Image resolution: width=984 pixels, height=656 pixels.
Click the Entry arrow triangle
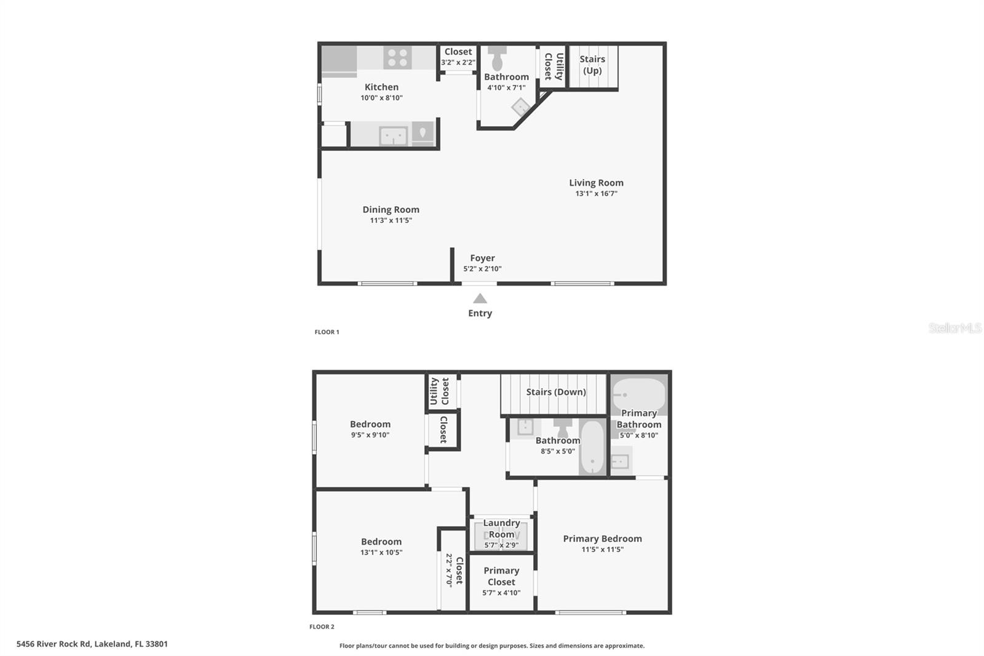(480, 298)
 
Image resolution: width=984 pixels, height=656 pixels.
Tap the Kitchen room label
(381, 87)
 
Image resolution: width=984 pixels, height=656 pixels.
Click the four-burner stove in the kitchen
(397, 58)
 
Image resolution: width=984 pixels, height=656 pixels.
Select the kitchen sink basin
(393, 135)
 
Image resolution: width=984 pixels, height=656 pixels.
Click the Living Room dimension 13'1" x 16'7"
(596, 194)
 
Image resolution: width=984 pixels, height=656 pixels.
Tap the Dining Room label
(391, 210)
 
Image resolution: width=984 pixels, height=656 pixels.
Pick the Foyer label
(482, 258)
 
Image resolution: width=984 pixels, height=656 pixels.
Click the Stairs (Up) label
(592, 65)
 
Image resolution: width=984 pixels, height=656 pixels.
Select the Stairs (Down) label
(556, 392)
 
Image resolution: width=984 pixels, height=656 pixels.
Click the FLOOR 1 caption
(327, 332)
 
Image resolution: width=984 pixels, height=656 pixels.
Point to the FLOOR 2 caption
(322, 627)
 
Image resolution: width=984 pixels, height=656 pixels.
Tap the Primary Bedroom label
(602, 539)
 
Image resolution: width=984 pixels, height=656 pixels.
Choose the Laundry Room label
(501, 529)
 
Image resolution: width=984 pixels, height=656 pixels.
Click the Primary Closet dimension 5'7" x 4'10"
(501, 593)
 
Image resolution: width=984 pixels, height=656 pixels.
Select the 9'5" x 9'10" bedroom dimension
(370, 435)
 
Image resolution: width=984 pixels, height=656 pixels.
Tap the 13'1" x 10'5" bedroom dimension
(381, 553)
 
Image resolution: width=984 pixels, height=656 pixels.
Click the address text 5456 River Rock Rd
(92, 644)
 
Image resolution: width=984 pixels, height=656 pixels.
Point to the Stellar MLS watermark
(954, 328)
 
